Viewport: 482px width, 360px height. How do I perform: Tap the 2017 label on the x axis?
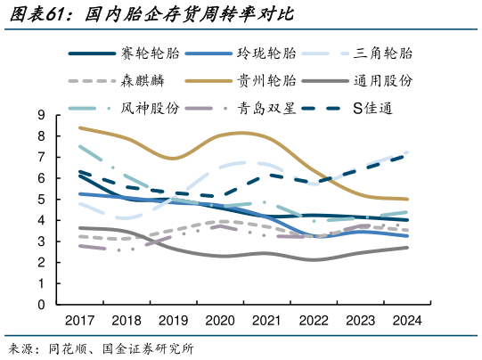79,321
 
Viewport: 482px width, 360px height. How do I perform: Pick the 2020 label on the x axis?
220,321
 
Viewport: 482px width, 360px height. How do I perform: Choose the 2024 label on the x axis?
406,321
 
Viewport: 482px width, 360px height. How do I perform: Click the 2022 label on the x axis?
313,321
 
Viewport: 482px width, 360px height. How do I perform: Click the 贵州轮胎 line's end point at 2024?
407,200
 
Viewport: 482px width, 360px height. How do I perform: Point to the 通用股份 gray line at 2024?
407,248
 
